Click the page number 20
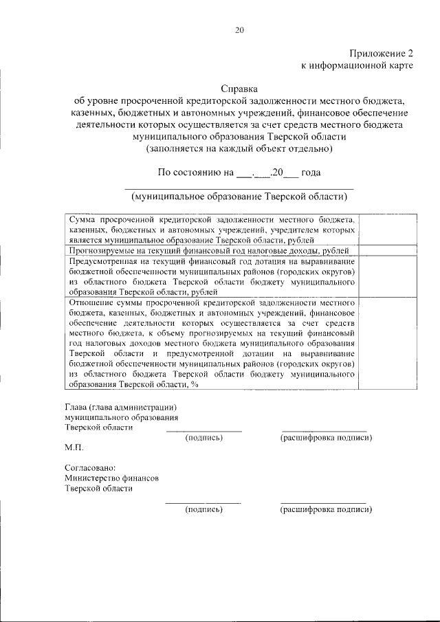[239, 30]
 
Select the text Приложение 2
[382, 53]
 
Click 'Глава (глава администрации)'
[116, 406]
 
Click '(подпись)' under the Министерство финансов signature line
[203, 510]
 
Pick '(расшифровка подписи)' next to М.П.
[326, 438]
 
